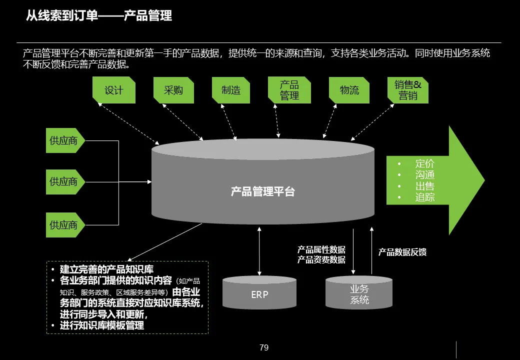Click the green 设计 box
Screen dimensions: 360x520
114,90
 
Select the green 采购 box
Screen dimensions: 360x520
173,90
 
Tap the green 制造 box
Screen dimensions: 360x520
231,90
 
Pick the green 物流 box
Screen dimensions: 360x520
349,90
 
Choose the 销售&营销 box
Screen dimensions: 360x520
408,90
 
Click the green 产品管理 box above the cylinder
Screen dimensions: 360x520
289,90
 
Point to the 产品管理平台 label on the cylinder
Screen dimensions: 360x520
263,191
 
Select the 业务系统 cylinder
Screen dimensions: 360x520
359,294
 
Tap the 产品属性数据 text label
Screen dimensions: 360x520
321,249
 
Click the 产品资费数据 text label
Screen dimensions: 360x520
321,259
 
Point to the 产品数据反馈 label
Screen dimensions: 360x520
402,252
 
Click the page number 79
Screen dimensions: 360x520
264,347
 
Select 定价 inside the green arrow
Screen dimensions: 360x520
425,163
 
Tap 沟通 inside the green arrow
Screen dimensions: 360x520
425,174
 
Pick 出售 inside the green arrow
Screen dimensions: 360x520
425,186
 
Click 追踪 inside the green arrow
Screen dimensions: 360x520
425,197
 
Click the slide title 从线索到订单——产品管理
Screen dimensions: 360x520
99,16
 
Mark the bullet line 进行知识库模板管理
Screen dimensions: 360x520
102,325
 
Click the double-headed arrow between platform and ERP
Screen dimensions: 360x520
259,250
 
